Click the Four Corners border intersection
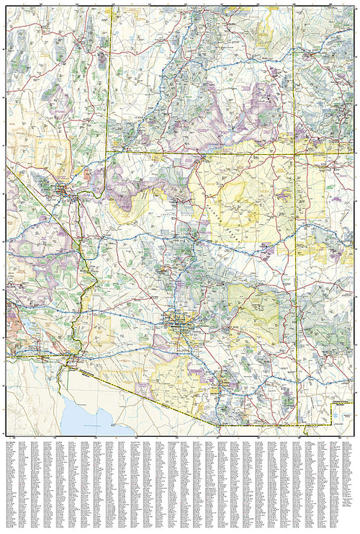coord(294,153)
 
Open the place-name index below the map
coord(180,483)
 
